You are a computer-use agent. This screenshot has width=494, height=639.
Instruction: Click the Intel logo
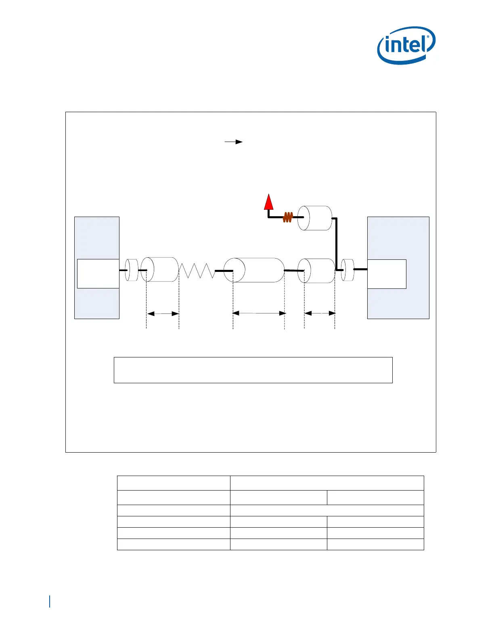point(406,45)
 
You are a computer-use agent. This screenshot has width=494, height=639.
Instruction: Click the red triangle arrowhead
point(269,202)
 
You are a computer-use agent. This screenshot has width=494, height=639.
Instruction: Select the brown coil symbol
point(287,217)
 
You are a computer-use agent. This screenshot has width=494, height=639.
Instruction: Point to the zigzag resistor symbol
point(197,270)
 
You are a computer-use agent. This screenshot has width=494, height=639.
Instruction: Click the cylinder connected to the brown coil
point(315,218)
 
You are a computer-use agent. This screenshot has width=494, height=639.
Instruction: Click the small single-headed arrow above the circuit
point(234,142)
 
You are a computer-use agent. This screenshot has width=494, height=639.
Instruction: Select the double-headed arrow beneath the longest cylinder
point(259,313)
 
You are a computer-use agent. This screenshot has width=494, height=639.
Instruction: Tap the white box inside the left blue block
point(98,274)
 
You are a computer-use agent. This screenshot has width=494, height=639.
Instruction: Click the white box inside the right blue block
point(387,274)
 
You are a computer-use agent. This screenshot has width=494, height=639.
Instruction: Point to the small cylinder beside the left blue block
point(132,270)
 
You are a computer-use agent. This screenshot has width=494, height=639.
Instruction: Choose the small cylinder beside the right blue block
point(347,270)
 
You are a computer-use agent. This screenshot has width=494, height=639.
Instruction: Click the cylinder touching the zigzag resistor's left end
point(160,269)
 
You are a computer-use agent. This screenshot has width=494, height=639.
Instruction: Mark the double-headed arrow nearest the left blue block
point(163,313)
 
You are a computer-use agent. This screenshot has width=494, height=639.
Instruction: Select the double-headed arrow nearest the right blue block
point(320,313)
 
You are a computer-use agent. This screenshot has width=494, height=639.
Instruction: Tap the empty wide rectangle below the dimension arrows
point(253,370)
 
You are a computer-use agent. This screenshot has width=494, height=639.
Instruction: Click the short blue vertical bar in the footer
point(50,601)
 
